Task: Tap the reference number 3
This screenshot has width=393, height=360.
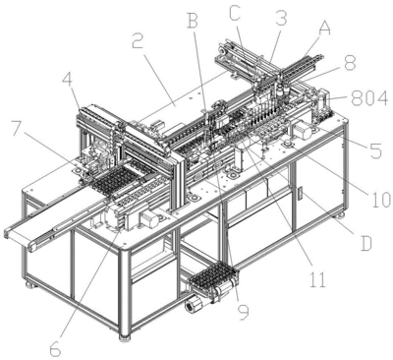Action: coord(281,18)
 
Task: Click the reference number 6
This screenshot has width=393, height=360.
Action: coord(55,348)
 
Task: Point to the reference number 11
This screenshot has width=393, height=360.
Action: coord(317,279)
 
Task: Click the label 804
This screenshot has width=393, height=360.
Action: coord(369,96)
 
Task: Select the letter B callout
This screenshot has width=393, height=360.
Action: coord(193,21)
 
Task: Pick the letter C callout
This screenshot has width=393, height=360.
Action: coord(235,15)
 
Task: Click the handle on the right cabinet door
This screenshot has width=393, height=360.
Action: coord(300,193)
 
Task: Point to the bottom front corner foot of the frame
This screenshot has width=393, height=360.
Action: coord(124,337)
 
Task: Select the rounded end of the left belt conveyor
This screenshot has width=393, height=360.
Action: coord(7,234)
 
